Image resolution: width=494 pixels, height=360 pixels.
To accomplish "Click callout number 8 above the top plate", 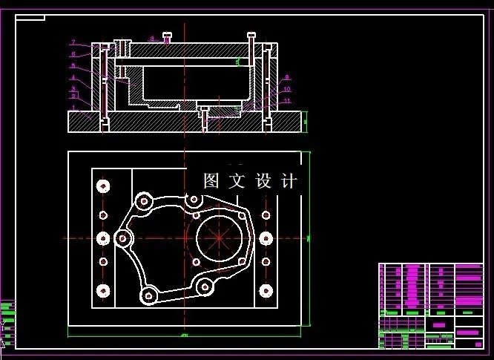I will click(x=151, y=38).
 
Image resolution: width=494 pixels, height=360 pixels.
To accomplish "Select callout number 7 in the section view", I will click(x=73, y=42).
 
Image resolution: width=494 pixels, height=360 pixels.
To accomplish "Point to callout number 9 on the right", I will click(x=288, y=77).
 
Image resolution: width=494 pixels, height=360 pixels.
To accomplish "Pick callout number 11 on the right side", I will click(x=287, y=101).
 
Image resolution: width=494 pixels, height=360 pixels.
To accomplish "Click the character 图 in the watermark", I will click(x=211, y=181).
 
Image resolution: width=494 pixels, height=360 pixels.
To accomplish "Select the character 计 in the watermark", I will click(x=289, y=181).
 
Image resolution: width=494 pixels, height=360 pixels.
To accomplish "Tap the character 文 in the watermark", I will click(x=237, y=181).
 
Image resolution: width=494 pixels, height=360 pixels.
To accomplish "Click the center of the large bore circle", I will click(x=221, y=238).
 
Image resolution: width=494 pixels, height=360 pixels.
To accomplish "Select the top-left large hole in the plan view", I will click(x=103, y=186).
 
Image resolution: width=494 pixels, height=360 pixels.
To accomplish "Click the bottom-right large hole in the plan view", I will click(x=265, y=291).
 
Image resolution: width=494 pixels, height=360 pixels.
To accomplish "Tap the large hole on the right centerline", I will click(x=265, y=238).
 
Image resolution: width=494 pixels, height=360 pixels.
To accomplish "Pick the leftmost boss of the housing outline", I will click(x=123, y=238).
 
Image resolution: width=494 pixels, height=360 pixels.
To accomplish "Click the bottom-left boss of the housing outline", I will click(x=148, y=295).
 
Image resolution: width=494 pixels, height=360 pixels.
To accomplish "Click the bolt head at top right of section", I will click(x=252, y=35).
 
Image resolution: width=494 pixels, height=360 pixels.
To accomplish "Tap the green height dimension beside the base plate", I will click(x=305, y=122).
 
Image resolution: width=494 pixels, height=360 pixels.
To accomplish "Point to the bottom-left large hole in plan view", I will click(x=103, y=291).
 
